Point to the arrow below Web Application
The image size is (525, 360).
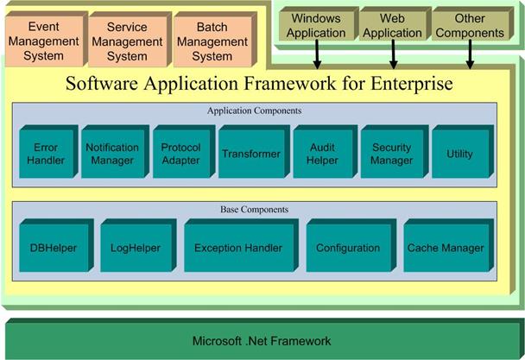(x=394, y=54)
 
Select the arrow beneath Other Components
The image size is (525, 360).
(x=470, y=54)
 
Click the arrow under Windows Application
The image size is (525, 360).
(x=317, y=54)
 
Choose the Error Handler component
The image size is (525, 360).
(x=48, y=152)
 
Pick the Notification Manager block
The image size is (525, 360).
(x=115, y=152)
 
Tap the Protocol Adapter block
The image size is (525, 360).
(x=184, y=152)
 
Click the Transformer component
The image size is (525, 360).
(x=254, y=152)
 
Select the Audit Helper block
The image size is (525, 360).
(x=326, y=152)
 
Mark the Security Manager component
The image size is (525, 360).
(x=395, y=152)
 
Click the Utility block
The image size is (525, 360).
(x=463, y=152)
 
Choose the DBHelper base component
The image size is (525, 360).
(x=56, y=245)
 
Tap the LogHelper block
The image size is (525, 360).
(x=138, y=245)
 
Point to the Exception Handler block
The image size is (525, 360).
(x=241, y=245)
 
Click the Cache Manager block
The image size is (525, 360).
(x=449, y=245)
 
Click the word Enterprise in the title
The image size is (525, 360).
(x=412, y=83)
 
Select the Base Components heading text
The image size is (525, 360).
(x=254, y=209)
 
